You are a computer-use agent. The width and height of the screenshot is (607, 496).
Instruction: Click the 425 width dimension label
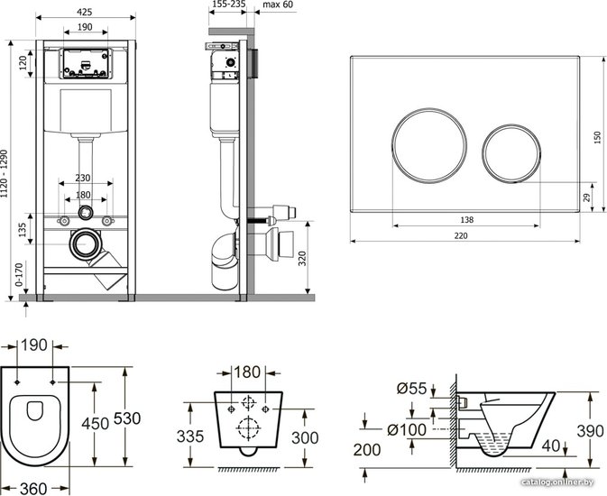coord(85,12)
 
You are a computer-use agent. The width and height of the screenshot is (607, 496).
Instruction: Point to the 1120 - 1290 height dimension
coord(5,174)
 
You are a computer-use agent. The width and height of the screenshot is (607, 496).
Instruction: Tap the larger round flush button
coord(429,145)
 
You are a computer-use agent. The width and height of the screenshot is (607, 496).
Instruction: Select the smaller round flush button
coord(511,153)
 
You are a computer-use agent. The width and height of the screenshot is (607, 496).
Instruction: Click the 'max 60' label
coord(278,5)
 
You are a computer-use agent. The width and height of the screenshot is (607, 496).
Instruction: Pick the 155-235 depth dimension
coord(229,5)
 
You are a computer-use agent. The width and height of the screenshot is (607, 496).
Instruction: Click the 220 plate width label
coord(461,235)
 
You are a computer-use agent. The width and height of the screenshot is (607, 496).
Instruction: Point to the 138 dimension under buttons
coord(467,220)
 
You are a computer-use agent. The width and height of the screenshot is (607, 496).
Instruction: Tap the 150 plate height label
coord(597,138)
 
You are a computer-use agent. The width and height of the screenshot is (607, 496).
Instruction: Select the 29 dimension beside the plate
coord(587,197)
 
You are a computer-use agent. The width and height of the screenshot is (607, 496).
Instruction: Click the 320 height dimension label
coord(302,258)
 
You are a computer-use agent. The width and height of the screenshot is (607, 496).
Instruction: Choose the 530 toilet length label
coord(127,418)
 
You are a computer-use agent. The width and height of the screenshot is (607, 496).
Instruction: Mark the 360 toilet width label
coord(33,489)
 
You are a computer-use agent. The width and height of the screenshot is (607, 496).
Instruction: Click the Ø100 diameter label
coord(407,430)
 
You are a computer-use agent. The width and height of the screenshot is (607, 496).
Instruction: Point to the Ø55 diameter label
coord(411,388)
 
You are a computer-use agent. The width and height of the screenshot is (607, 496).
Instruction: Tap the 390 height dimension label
coord(590,431)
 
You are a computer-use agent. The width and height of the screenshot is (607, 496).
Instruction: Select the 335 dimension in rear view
coord(190,436)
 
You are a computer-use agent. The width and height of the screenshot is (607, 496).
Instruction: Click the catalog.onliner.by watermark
coord(557,482)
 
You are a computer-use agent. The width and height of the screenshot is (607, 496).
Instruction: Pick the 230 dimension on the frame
coord(82,178)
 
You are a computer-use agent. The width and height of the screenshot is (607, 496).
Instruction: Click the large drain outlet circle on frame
coord(85,243)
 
